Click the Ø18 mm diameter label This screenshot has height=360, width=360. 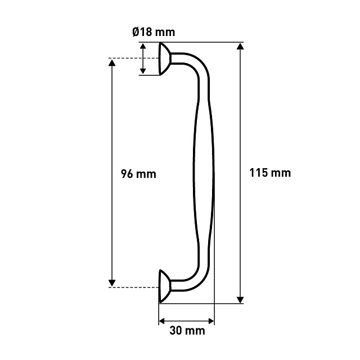coord(154,32)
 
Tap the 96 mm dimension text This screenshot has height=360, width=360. coord(138,174)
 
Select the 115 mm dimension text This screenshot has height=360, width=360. coord(270,173)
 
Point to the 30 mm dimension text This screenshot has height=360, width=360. coord(187,331)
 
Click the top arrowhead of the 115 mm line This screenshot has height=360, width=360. coord(240,46)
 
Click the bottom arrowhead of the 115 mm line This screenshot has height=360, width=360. coord(240,300)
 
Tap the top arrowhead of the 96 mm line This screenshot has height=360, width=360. coord(112,62)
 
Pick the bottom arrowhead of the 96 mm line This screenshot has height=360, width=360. coord(112,283)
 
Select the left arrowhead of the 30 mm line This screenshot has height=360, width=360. coord(163,321)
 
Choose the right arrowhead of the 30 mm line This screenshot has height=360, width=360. coord(211,321)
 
